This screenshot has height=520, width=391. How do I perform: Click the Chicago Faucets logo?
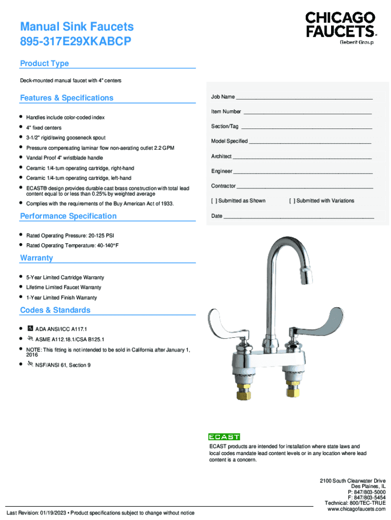pyautogui.click(x=340, y=27)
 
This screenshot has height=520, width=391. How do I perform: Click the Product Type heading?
pyautogui.click(x=44, y=63)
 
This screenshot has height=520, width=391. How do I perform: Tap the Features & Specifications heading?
pyautogui.click(x=67, y=98)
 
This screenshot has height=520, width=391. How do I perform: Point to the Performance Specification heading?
pyautogui.click(x=68, y=216)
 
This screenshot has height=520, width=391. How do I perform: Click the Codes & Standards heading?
pyautogui.click(x=55, y=310)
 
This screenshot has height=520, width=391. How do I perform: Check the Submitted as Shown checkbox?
pyautogui.click(x=214, y=201)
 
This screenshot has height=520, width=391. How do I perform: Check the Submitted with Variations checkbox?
pyautogui.click(x=292, y=201)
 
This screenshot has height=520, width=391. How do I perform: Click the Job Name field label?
pyautogui.click(x=223, y=97)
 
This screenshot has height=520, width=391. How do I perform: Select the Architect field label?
pyautogui.click(x=221, y=156)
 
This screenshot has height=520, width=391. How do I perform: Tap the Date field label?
pyautogui.click(x=217, y=216)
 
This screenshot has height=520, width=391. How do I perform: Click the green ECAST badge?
pyautogui.click(x=224, y=437)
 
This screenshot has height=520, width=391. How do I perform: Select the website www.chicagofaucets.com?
pyautogui.click(x=356, y=509)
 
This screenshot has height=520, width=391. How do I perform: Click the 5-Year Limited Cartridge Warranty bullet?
pyautogui.click(x=65, y=278)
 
